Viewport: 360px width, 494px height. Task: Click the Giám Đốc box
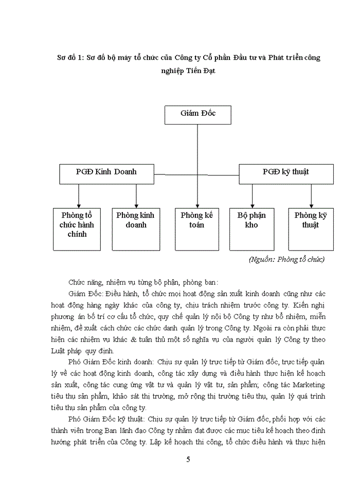coord(197,115)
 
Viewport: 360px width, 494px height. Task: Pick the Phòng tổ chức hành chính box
coord(77,228)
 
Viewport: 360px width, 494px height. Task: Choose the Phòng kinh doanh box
coord(136,228)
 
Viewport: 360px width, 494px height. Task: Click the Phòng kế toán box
coord(197,228)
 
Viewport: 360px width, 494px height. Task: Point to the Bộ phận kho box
coord(251,228)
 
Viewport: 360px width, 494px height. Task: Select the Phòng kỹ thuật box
coord(311,228)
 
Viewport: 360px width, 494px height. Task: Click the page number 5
coord(188,460)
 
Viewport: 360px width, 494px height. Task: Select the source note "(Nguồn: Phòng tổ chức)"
coord(286,259)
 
